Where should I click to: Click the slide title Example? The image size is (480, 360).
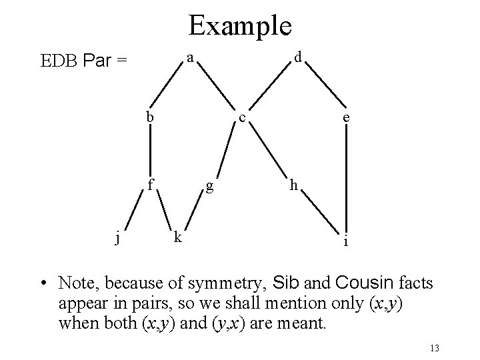[239, 26]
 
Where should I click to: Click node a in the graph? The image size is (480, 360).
[190, 59]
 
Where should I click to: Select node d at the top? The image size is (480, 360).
[299, 59]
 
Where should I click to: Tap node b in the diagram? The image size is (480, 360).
[151, 116]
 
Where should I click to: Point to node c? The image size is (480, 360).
[243, 119]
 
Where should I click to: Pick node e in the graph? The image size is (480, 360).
[345, 119]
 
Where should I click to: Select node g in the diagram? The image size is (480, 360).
[210, 185]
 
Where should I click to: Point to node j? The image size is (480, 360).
[117, 237]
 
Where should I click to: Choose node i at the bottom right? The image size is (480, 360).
[345, 241]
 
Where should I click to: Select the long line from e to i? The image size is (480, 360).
[346, 180]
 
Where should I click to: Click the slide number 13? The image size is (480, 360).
[436, 348]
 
